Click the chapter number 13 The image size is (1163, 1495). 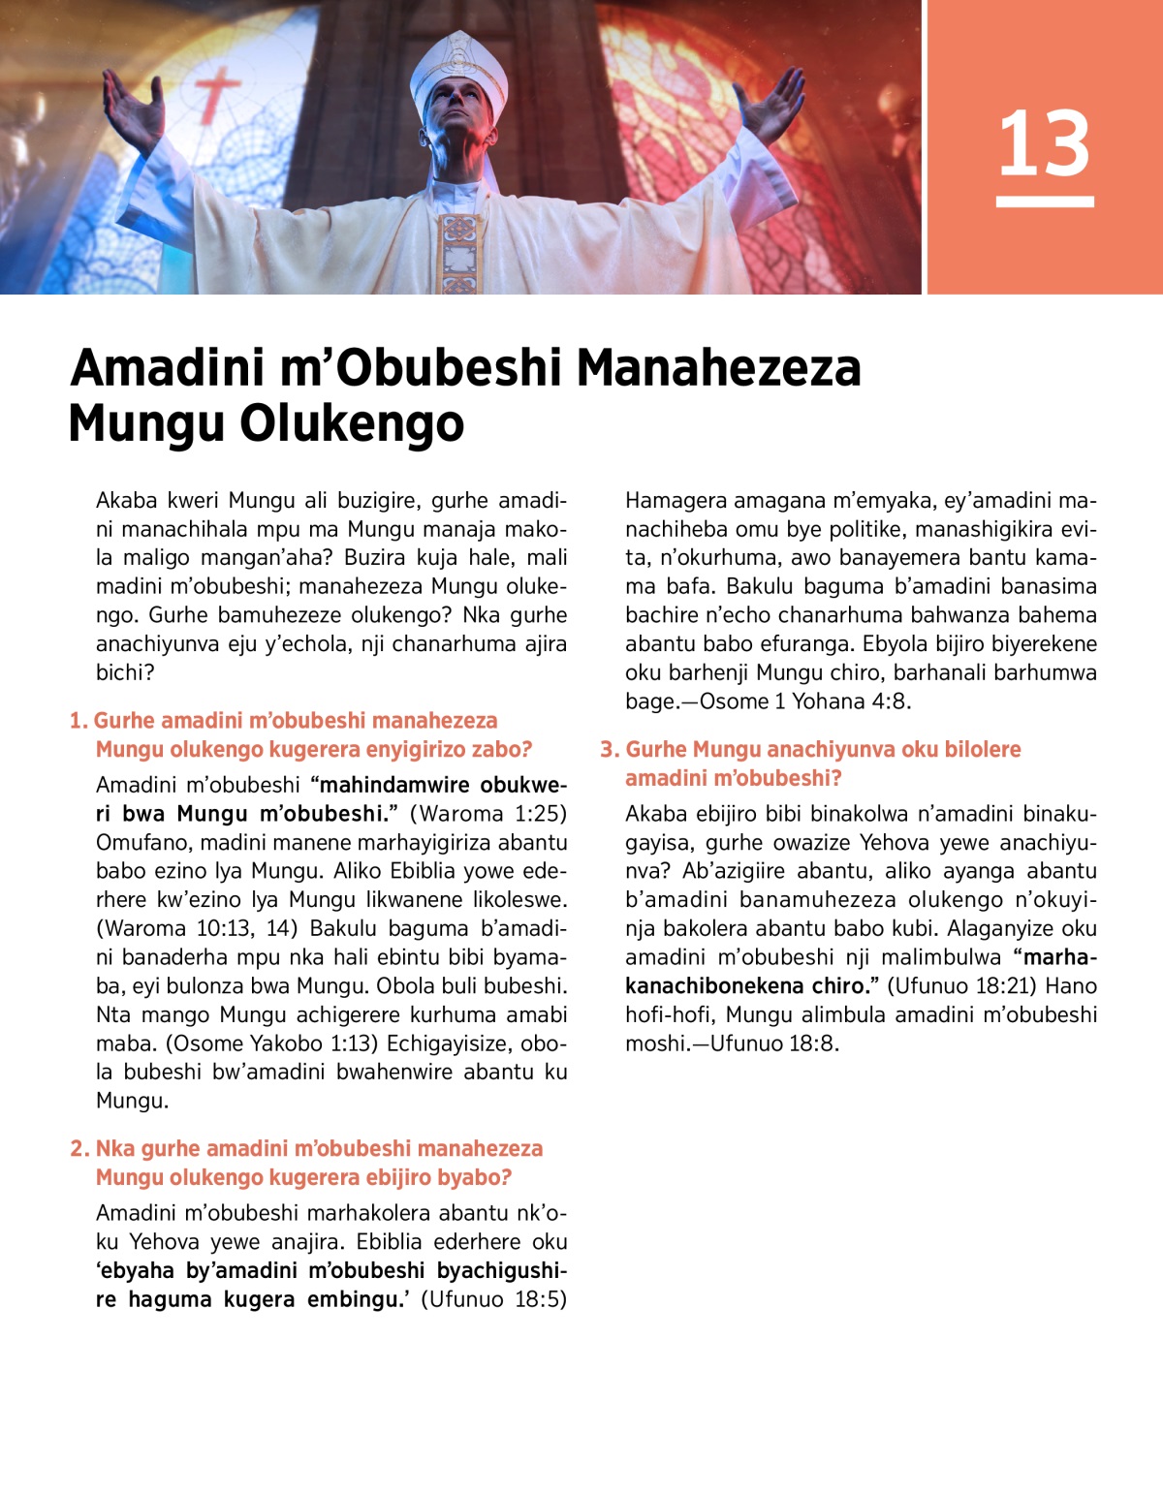point(1044,144)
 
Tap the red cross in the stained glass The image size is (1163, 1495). point(217,93)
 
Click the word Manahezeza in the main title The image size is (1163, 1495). point(718,368)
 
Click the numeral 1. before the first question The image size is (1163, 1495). point(79,721)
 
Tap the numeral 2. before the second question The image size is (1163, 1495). point(79,1149)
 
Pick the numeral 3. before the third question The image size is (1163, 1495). point(610,750)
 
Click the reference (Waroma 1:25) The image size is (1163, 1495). point(487,814)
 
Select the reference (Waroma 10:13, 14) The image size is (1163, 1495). point(197,928)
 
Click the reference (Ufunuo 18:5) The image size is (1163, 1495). point(493,1299)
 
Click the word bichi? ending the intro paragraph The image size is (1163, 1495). point(125,672)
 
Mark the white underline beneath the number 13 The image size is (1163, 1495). point(1045,202)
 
